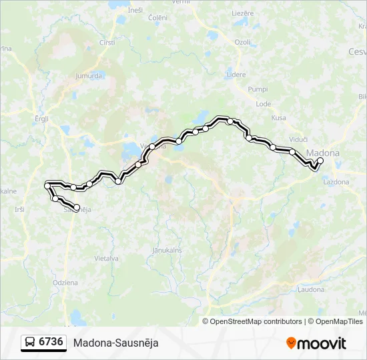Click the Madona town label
323,153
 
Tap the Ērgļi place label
42,118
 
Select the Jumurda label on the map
89,76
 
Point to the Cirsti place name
107,42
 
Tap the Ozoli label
242,42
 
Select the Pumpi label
258,89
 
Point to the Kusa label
278,118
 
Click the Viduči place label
298,139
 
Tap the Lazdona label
336,181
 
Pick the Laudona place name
311,289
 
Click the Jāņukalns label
167,249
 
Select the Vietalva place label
106,258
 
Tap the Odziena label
65,283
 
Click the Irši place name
19,209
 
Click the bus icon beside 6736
30,343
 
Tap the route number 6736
51,343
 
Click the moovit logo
316,343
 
